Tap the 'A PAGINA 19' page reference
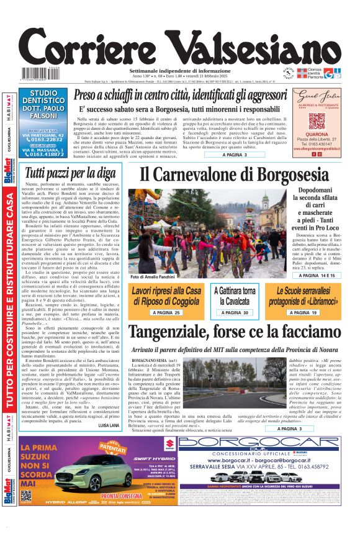(x=305, y=313)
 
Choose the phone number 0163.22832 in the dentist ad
(x=47, y=139)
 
